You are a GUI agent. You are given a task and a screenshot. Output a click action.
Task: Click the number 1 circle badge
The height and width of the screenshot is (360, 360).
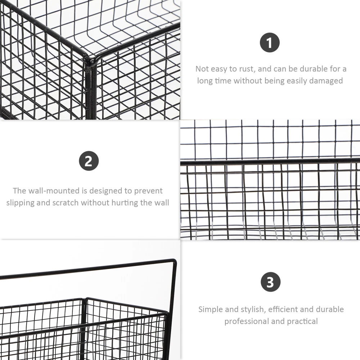270,42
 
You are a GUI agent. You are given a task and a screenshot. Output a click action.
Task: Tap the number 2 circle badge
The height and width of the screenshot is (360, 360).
89,161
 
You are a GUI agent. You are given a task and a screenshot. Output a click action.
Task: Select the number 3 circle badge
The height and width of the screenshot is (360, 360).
271,282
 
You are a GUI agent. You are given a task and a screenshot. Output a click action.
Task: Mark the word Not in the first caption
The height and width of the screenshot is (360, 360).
202,69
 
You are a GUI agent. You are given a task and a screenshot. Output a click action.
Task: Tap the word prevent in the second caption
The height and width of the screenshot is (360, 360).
148,191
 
